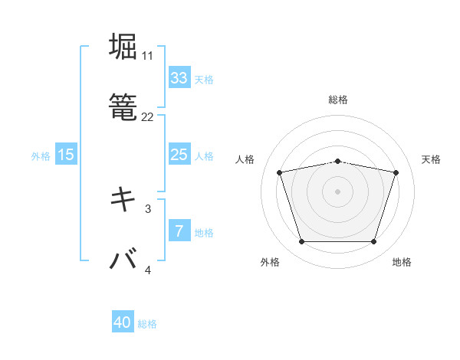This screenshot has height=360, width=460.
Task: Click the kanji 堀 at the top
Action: pyautogui.click(x=123, y=47)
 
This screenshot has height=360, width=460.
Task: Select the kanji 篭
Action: pyautogui.click(x=123, y=108)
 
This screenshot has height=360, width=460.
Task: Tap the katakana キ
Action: pyautogui.click(x=123, y=200)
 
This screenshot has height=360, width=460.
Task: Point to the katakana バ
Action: pyautogui.click(x=123, y=260)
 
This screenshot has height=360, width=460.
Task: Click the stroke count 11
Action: pyautogui.click(x=147, y=56)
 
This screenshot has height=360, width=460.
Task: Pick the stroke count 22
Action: pyautogui.click(x=147, y=117)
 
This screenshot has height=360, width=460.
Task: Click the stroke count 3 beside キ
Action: pyautogui.click(x=148, y=208)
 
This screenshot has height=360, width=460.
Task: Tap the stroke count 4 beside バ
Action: pyautogui.click(x=148, y=270)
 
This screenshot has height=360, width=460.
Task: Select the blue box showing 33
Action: pyautogui.click(x=179, y=78)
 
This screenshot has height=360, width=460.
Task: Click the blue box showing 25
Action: pyautogui.click(x=179, y=155)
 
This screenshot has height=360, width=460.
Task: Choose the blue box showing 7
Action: pyautogui.click(x=179, y=231)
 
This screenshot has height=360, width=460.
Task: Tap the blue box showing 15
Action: pyautogui.click(x=66, y=155)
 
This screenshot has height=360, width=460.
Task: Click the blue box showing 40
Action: pyautogui.click(x=123, y=323)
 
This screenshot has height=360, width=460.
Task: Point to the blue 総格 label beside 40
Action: pyautogui.click(x=147, y=324)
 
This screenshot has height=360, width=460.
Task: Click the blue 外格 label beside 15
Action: pyautogui.click(x=41, y=155)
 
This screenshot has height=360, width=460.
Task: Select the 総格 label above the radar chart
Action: pyautogui.click(x=338, y=100)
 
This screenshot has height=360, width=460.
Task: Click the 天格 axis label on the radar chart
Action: pyautogui.click(x=431, y=159)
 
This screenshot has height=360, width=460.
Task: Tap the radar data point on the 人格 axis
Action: pyautogui.click(x=280, y=172)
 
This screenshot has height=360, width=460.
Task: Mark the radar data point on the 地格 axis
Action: pyautogui.click(x=373, y=242)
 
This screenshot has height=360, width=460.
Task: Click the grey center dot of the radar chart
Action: pyautogui.click(x=338, y=191)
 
